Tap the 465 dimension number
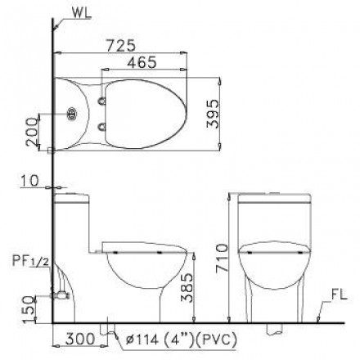tap(147, 59)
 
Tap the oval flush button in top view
tap(75, 115)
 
